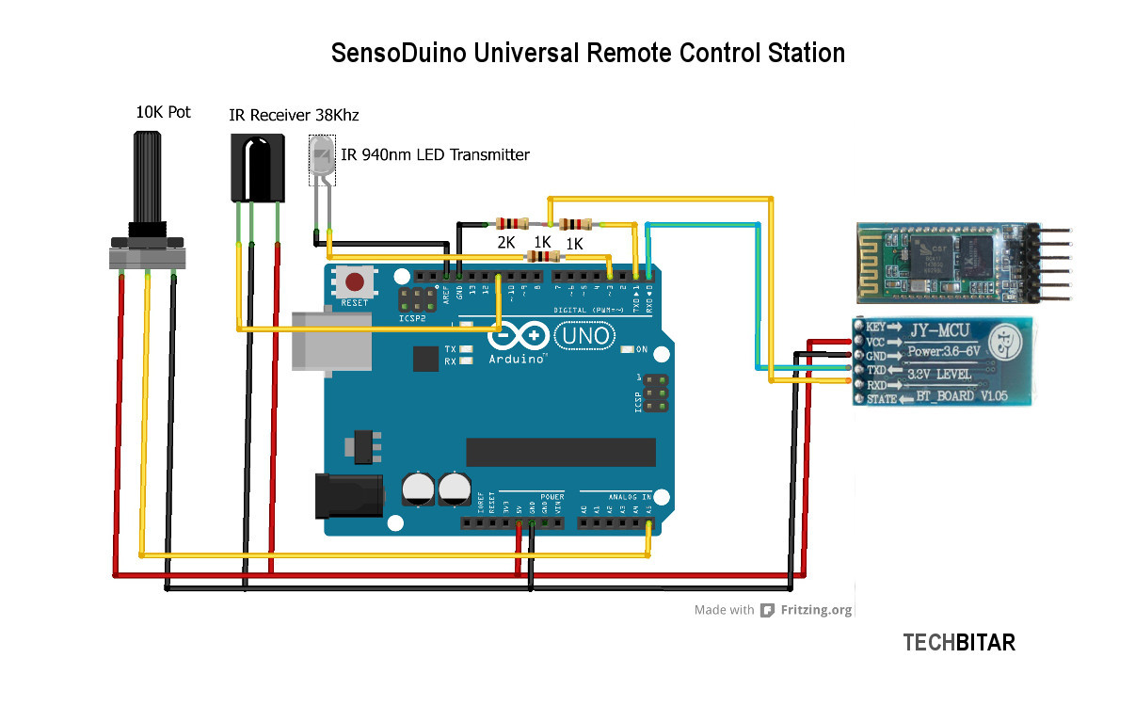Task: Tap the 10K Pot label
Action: [x=163, y=112]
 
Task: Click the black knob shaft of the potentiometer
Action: [x=149, y=179]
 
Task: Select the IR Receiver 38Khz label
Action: [x=294, y=115]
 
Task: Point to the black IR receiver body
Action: [x=257, y=168]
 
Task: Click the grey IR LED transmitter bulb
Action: [x=323, y=160]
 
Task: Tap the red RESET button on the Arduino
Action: [x=355, y=281]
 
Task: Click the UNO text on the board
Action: [x=584, y=335]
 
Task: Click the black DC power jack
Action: [x=348, y=497]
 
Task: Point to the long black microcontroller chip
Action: [x=560, y=452]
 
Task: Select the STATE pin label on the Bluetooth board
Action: [x=882, y=400]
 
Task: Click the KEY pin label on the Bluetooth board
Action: [x=877, y=327]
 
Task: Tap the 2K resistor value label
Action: [x=506, y=243]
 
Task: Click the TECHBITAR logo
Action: [x=959, y=643]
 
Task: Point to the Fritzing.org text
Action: [x=816, y=610]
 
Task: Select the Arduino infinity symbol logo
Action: [x=519, y=335]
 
